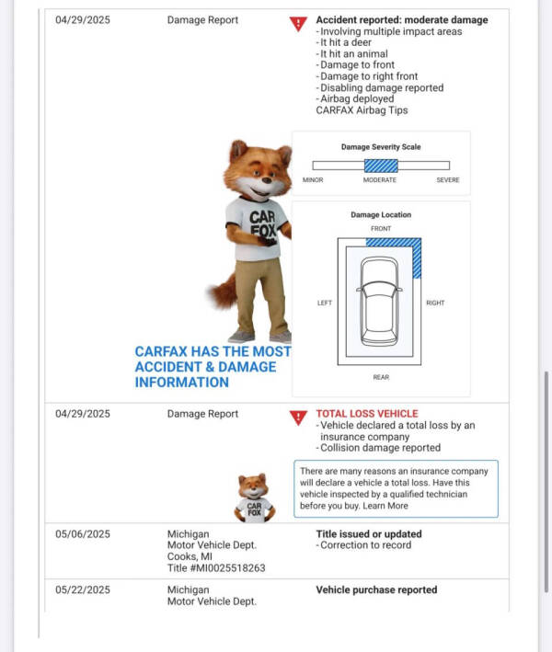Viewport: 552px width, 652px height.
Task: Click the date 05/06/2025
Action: click(x=82, y=534)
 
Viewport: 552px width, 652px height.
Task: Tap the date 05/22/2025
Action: click(x=82, y=589)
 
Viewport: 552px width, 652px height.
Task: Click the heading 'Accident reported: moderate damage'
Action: click(x=401, y=20)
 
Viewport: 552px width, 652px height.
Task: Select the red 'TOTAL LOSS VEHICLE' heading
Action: click(x=366, y=414)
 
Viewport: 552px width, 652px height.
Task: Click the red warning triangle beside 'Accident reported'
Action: click(x=297, y=24)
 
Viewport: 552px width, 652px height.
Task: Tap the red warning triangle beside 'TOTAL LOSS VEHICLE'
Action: click(x=297, y=418)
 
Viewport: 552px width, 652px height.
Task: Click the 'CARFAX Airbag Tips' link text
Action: click(x=362, y=110)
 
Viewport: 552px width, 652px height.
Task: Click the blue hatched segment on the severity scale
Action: click(x=381, y=166)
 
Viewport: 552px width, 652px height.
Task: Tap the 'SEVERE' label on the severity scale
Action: click(x=447, y=180)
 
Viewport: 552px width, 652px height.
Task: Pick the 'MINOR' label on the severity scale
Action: click(x=313, y=180)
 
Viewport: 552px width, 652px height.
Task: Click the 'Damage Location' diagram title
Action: click(x=381, y=215)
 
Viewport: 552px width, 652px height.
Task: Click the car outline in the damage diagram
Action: click(x=380, y=301)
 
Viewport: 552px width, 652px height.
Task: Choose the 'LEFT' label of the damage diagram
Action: click(x=325, y=303)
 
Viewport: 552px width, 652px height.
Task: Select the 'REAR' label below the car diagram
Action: click(x=380, y=377)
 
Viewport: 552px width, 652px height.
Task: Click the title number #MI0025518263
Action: click(x=216, y=568)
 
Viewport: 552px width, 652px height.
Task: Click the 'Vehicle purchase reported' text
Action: click(x=376, y=589)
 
